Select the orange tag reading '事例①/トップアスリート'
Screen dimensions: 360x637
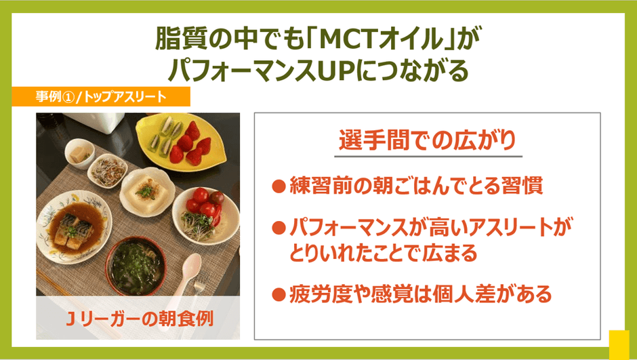click(101, 97)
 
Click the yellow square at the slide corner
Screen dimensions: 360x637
click(619, 345)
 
